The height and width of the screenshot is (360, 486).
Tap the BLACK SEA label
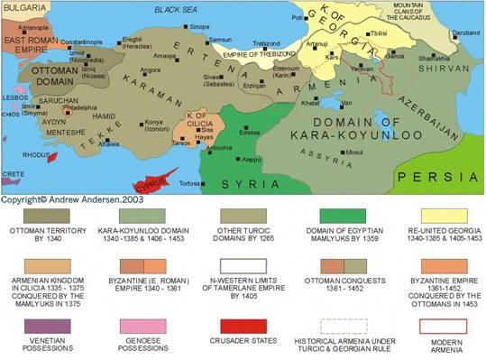pos(174,9)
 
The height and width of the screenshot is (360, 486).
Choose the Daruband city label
pos(465,32)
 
